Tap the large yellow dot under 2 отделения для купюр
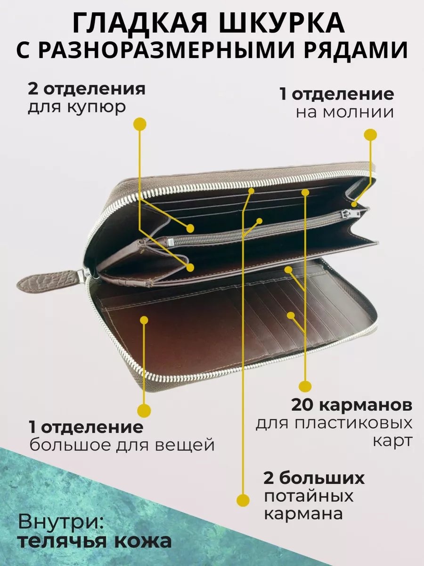click(140, 125)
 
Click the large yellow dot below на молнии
click(370, 134)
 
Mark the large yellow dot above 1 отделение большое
click(144, 410)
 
